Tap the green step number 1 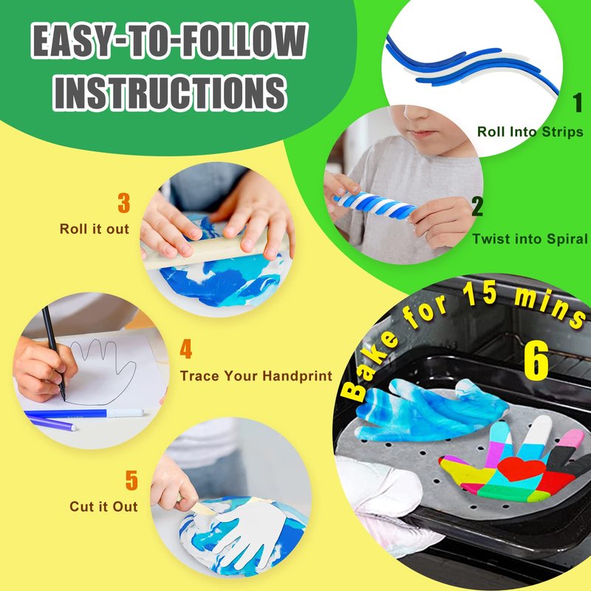[x=578, y=103]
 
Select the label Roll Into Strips [x=530, y=131]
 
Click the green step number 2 [x=477, y=206]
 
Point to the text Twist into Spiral [x=530, y=239]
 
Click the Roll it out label [x=95, y=229]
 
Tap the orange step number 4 [x=186, y=349]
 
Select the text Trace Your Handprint [x=256, y=376]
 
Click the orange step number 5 [x=131, y=480]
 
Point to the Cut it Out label [x=103, y=507]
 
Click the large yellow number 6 [x=536, y=361]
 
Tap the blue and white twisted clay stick [x=375, y=205]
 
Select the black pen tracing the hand [x=54, y=353]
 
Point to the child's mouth [x=422, y=133]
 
